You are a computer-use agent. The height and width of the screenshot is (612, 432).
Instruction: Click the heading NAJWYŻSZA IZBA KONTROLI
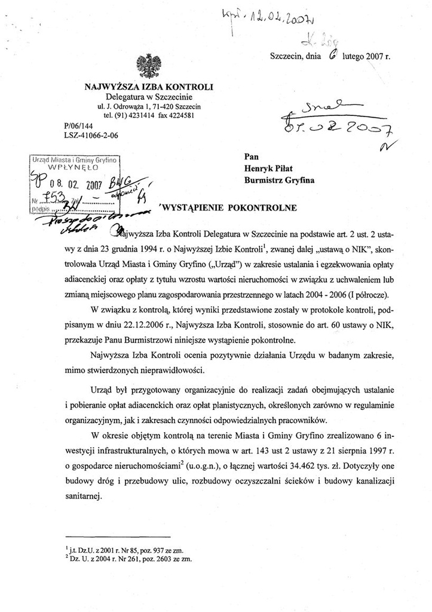pyautogui.click(x=149, y=87)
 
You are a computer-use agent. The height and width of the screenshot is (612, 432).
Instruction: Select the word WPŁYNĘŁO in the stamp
pyautogui.click(x=73, y=169)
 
